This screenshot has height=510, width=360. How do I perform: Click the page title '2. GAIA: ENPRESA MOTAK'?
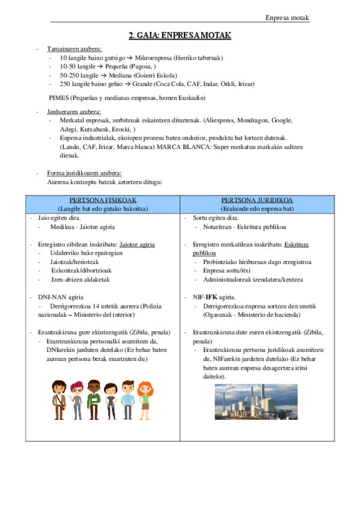click(x=180, y=35)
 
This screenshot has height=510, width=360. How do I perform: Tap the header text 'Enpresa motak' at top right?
click(x=287, y=17)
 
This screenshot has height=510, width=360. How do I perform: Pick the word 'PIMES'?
click(x=59, y=97)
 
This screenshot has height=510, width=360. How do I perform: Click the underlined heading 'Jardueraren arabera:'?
click(x=74, y=112)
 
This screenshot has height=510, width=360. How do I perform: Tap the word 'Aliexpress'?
click(x=219, y=120)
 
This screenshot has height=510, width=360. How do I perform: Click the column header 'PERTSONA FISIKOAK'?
click(x=103, y=200)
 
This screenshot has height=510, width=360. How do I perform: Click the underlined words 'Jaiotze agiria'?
click(x=137, y=245)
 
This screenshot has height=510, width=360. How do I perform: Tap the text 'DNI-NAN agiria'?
click(x=58, y=297)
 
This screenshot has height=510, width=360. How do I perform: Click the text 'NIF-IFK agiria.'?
click(x=214, y=297)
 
